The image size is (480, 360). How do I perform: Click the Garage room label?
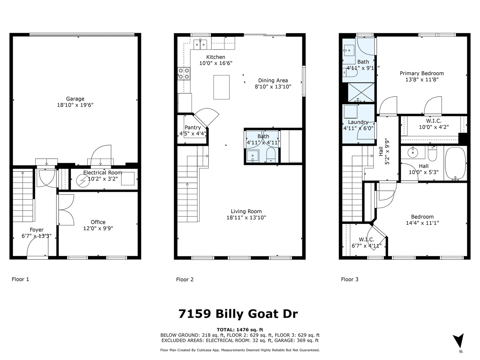(x=75, y=99)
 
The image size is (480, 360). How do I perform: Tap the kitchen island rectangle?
(x=221, y=87)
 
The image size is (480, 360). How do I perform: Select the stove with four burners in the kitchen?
(x=184, y=73)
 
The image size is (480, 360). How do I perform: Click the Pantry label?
(x=192, y=128)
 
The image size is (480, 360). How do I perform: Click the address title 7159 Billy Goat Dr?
(x=238, y=314)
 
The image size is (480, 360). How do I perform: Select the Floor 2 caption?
(x=185, y=280)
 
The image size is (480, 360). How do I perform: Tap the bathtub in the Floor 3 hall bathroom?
(x=456, y=164)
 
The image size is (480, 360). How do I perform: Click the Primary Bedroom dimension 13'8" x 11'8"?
(x=422, y=80)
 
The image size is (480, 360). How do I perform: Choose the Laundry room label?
(x=358, y=122)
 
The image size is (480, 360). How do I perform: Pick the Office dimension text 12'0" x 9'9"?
(x=98, y=228)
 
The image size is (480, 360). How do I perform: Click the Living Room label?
(x=246, y=211)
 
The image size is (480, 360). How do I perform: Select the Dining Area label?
(x=273, y=80)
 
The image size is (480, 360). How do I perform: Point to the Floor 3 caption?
(x=350, y=280)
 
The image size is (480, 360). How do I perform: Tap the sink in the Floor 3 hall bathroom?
(x=412, y=152)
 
